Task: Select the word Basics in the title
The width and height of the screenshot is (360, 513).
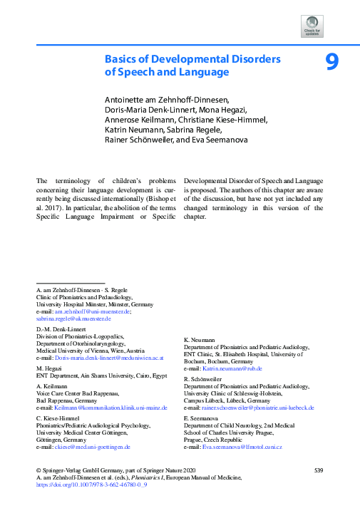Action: [x=123, y=59]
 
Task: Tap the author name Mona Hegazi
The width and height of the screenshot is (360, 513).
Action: [x=222, y=109]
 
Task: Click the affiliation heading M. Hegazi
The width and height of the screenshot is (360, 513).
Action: [x=50, y=368]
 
